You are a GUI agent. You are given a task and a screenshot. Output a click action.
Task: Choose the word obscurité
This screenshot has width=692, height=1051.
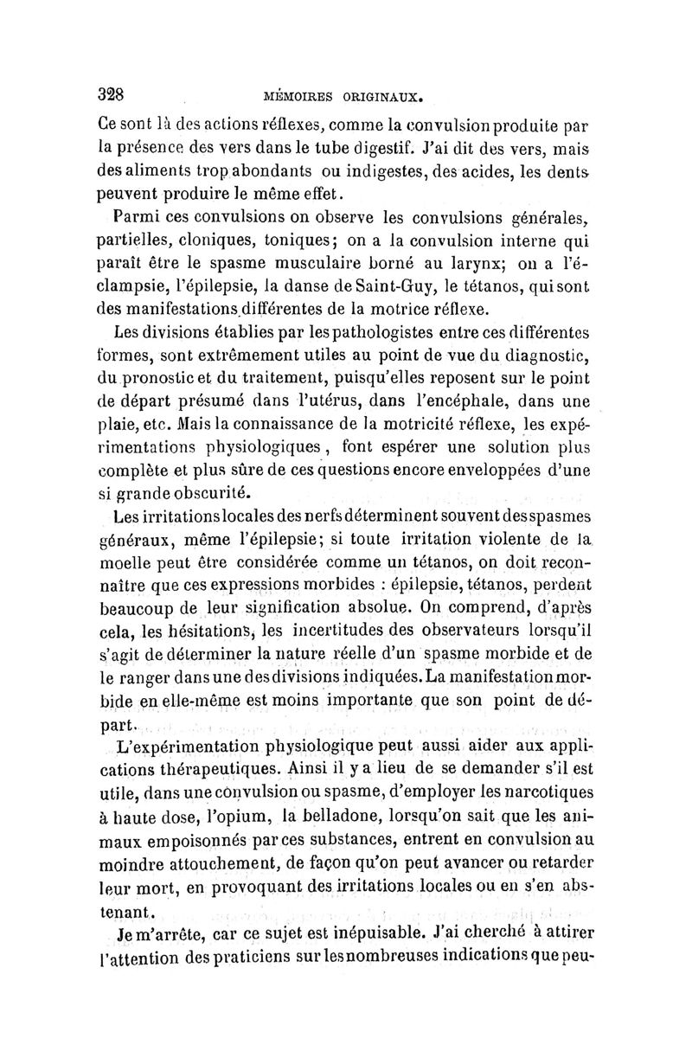207,494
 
